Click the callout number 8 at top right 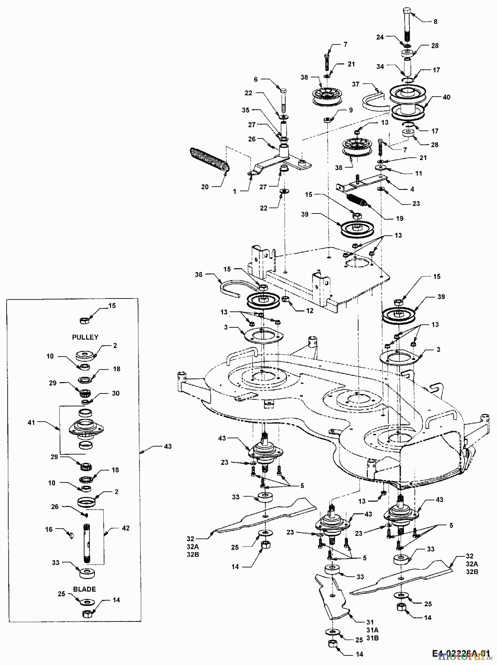(x=435, y=22)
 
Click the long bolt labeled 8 (x=407, y=24)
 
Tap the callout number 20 (x=205, y=187)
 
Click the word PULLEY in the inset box (x=85, y=337)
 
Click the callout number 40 (x=446, y=97)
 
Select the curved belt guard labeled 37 (x=375, y=102)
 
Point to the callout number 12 (x=309, y=311)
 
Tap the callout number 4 (x=412, y=189)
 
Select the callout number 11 (x=418, y=173)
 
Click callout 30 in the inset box (x=115, y=393)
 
